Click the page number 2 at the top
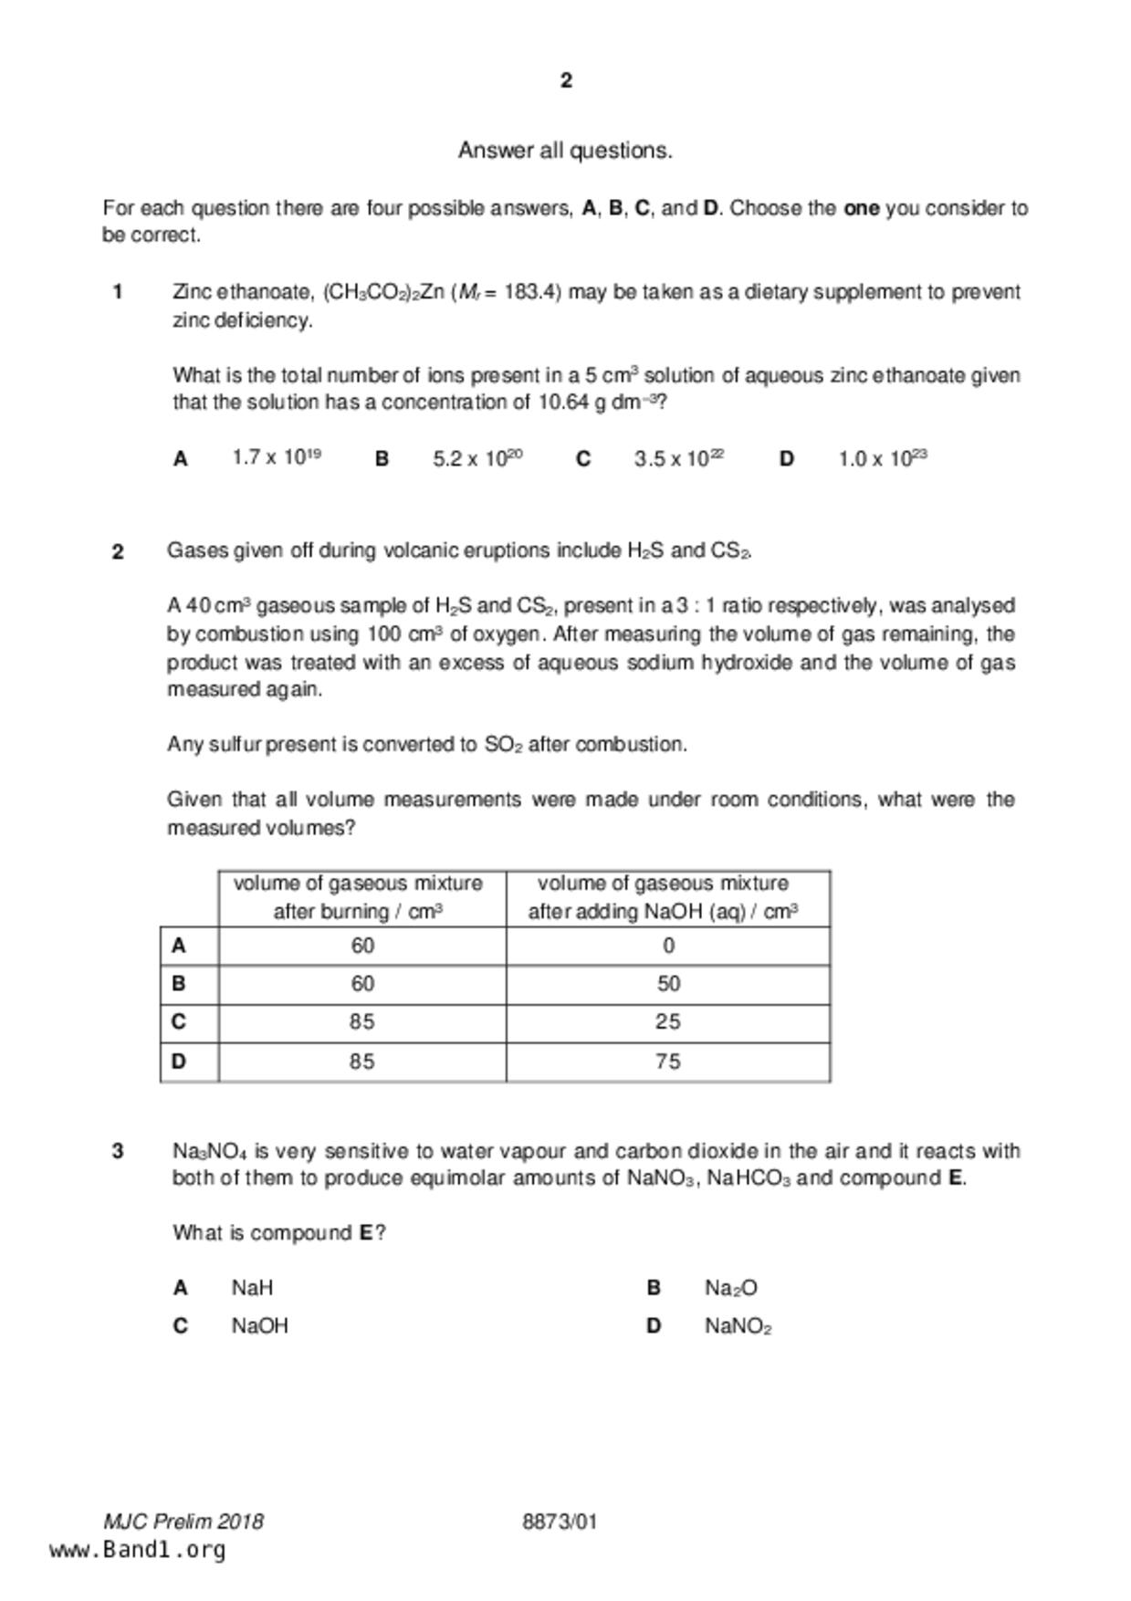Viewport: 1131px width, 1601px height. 566,80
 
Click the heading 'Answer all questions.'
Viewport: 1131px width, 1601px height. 565,151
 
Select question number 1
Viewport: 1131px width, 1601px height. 118,292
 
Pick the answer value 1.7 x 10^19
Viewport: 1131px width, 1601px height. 276,458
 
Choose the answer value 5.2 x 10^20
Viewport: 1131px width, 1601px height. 477,458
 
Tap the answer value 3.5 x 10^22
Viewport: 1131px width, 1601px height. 679,458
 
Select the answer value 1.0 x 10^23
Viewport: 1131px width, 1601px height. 883,458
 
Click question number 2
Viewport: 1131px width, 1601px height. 118,551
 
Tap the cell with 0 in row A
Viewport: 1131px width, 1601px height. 668,946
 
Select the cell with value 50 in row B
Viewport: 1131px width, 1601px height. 668,984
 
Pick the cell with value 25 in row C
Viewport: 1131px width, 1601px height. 668,1022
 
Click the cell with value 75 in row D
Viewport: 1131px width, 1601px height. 668,1062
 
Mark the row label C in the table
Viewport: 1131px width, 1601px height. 179,1022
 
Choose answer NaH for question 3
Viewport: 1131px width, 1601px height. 252,1288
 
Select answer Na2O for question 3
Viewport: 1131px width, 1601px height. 730,1288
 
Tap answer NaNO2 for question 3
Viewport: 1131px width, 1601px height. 738,1326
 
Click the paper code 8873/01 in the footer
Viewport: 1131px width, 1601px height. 560,1522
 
